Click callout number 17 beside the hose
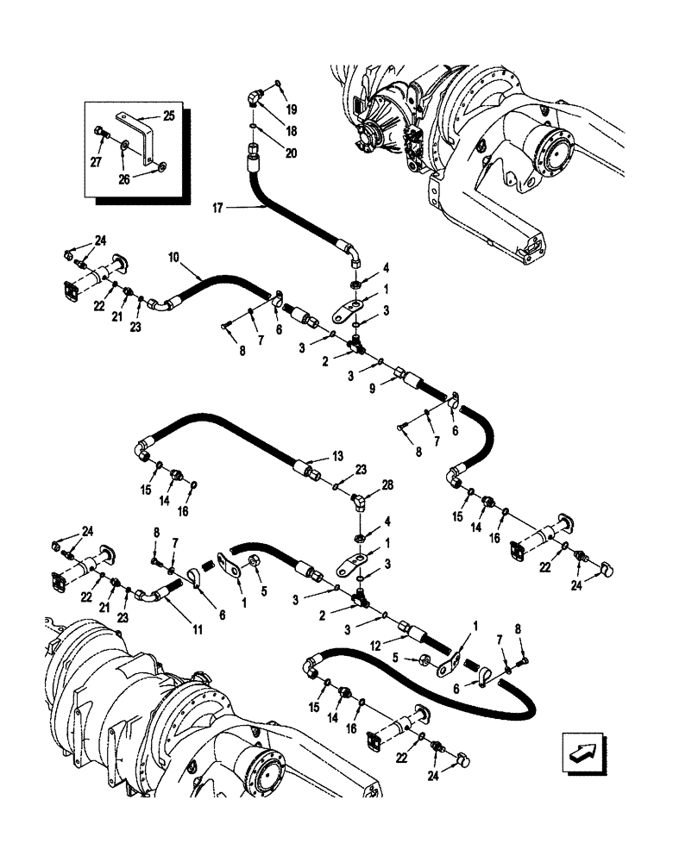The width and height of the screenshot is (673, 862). [217, 208]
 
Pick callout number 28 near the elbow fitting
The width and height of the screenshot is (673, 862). [386, 485]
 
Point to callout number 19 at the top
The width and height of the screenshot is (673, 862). [292, 111]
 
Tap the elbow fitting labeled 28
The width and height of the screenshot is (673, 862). [360, 497]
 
